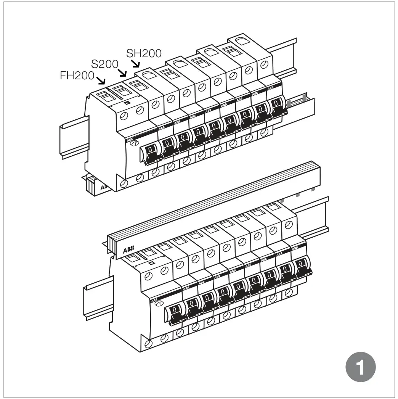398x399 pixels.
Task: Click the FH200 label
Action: coord(77,76)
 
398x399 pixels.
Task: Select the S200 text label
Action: coord(104,64)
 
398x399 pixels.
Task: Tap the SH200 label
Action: coord(144,53)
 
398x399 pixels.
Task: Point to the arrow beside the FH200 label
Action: coord(101,80)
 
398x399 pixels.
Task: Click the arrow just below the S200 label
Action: coord(122,72)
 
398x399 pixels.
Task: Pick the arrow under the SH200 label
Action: coord(136,63)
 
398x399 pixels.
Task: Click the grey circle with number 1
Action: coord(360,368)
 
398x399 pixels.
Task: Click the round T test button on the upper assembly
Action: coord(133,144)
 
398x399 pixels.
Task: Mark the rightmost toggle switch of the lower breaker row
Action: coord(301,264)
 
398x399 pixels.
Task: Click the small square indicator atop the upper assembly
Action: coord(127,103)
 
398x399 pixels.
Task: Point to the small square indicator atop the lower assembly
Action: coord(151,263)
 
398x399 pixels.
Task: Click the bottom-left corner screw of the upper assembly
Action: coord(124,184)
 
